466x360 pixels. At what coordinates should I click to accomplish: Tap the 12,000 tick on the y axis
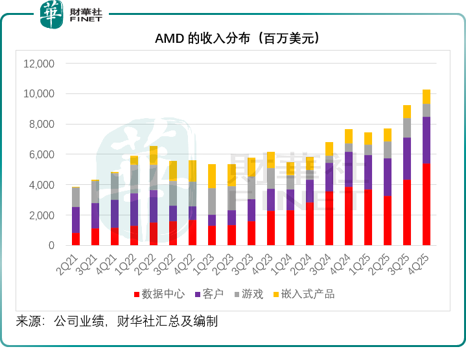pos(39,64)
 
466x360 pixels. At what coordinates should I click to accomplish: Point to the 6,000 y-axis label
pos(41,154)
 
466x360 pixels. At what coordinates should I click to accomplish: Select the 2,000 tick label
pos(41,215)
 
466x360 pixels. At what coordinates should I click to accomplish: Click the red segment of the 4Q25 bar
pos(426,204)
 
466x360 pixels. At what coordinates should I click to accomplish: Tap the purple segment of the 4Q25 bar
pos(426,140)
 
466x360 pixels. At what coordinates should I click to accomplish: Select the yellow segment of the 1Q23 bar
pos(212,176)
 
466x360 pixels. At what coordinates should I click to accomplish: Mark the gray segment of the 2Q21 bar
pos(76,197)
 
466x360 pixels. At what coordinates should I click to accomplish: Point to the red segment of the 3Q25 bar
pos(407,213)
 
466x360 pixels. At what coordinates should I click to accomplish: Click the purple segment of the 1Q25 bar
pos(368,172)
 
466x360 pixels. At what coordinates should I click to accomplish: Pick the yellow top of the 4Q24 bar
pos(349,136)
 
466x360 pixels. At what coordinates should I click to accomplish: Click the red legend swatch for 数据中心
pos(137,294)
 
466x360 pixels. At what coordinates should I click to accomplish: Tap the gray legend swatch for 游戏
pos(236,294)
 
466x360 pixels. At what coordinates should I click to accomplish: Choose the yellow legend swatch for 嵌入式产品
pos(277,294)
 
